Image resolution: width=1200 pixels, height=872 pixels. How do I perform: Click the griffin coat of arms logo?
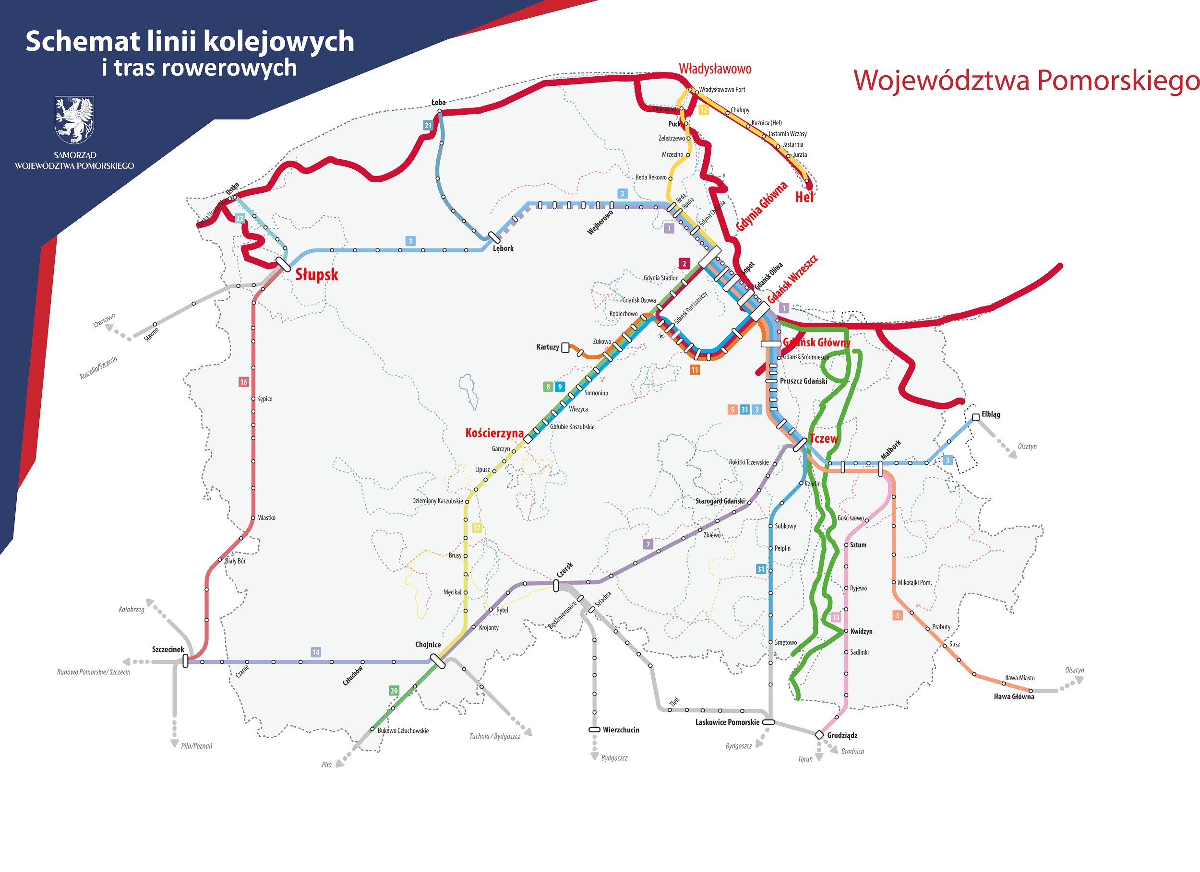point(74,119)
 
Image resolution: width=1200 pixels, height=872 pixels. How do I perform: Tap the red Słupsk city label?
point(316,274)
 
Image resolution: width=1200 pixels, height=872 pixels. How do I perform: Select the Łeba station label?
point(438,103)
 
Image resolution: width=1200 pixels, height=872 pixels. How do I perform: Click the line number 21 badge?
point(428,125)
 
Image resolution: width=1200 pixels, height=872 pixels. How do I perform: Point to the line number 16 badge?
point(243,382)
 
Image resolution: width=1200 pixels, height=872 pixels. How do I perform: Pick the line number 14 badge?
point(315,652)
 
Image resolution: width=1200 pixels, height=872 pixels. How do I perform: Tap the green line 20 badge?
point(394,691)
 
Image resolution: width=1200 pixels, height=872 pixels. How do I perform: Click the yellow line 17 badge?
point(477,528)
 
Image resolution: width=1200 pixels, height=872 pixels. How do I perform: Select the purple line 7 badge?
point(648,544)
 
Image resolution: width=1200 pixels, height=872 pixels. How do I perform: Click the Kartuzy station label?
point(548,347)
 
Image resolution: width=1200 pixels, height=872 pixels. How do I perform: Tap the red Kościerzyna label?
point(494,433)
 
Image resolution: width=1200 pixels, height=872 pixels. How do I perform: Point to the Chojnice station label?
point(428,645)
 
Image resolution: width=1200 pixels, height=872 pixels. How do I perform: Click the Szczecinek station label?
point(168,649)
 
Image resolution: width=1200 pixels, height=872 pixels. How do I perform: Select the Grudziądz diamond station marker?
point(819,734)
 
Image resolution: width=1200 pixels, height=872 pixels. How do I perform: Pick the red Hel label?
point(804,197)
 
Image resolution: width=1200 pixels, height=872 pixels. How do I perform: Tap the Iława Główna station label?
point(1014,696)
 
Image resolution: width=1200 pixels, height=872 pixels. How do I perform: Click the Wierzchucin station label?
point(621,730)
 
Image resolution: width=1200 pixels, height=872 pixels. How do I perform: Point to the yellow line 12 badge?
point(703,110)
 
